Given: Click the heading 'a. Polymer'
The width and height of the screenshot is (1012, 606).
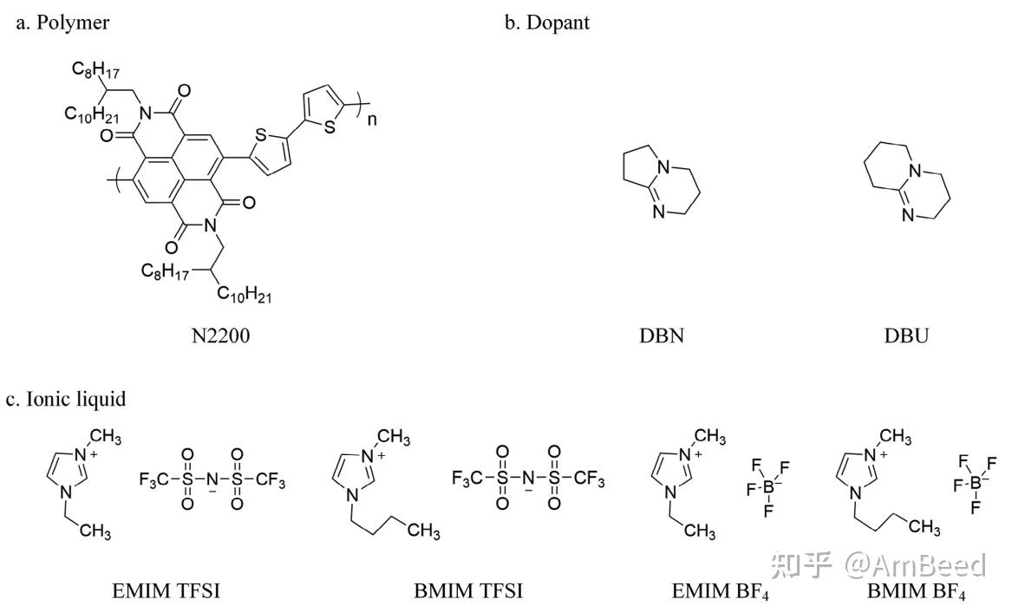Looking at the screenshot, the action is tap(62, 23).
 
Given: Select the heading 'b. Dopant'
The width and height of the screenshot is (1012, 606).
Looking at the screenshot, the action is tap(546, 23).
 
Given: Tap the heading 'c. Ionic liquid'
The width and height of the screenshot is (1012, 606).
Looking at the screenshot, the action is tap(66, 399).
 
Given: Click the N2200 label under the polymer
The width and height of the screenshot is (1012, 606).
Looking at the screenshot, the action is tap(221, 336).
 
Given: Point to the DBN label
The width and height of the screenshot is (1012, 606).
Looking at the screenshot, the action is tap(662, 336).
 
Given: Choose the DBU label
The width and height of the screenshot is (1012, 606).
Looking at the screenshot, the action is tap(906, 336).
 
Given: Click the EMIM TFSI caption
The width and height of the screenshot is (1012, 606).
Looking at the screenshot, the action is tap(166, 590).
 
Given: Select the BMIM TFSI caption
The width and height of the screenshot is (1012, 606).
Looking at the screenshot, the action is tap(468, 590).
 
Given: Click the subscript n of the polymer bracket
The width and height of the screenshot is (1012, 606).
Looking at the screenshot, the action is tap(372, 120).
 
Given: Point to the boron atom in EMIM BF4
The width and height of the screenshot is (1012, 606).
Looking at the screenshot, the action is tap(768, 488).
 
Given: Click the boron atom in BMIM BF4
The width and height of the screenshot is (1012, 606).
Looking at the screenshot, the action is tap(976, 483).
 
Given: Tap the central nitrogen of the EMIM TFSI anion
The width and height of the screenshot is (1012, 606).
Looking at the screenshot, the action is tap(212, 479).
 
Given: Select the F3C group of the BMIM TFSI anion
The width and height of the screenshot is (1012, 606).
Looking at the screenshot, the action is tap(467, 479).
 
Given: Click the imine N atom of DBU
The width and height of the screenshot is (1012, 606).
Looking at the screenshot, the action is tap(907, 216).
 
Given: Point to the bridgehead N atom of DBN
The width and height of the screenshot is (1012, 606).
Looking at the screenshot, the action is tap(663, 168).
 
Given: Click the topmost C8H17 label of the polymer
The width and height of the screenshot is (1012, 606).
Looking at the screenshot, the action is tap(95, 69).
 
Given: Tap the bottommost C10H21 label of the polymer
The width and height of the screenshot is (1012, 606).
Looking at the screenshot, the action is tap(244, 295).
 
